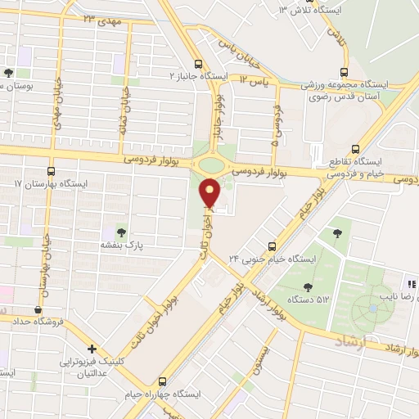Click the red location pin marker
pos(210,193)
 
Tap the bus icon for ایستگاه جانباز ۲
pos(198,64)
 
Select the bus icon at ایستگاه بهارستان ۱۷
pos(52,172)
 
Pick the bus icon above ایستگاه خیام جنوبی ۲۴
pos(273,246)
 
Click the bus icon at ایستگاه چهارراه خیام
pos(162,381)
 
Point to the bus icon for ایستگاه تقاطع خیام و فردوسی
pos(354,149)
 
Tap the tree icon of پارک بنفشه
pos(123,232)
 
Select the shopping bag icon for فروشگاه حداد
pos(38,309)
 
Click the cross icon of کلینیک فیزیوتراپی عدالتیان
pos(92,348)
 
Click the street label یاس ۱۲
pos(255,79)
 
